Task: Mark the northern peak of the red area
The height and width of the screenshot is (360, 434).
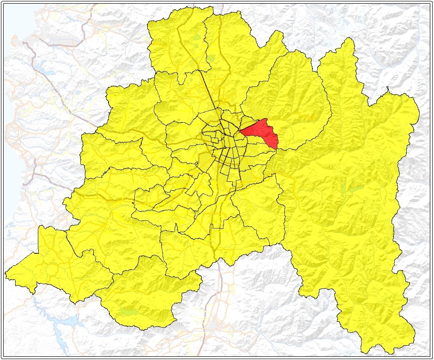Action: tap(265, 119)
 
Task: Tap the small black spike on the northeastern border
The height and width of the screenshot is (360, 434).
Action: tap(389, 88)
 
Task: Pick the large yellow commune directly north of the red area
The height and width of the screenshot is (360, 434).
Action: tap(286, 92)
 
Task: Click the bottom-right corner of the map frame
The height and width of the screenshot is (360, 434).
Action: tap(430, 357)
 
